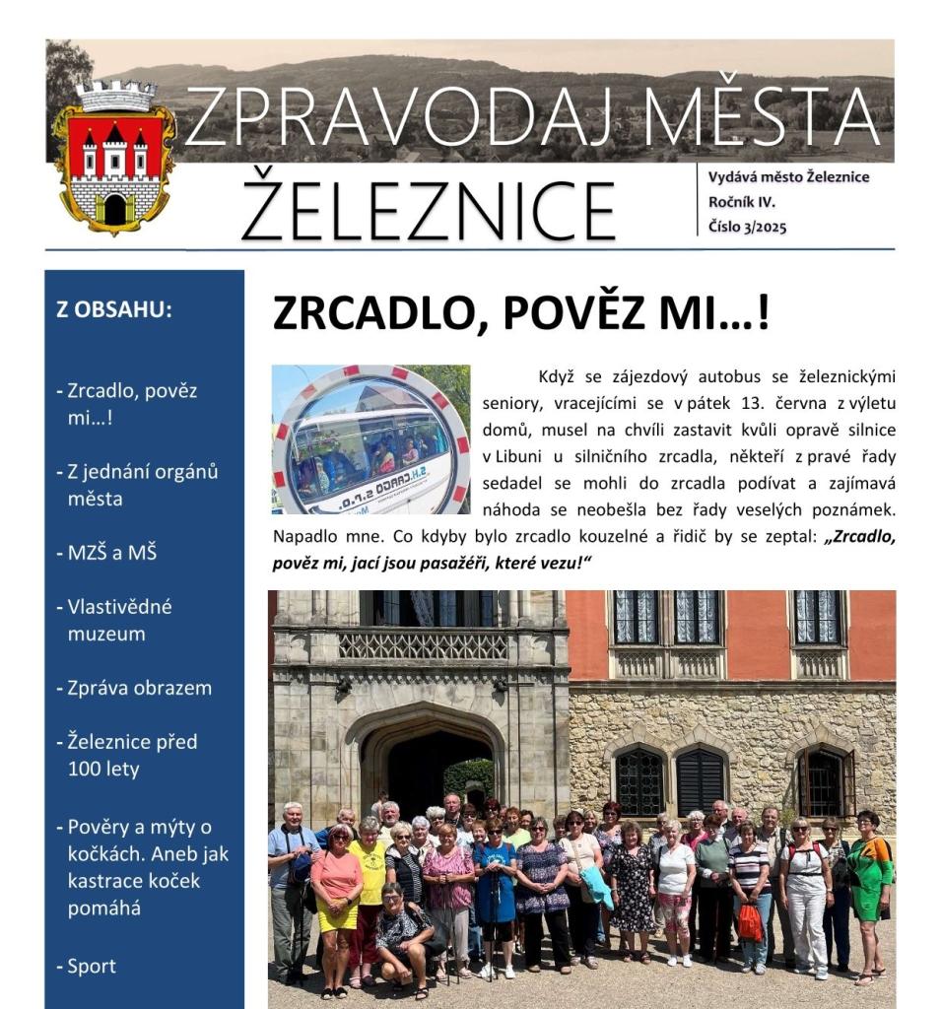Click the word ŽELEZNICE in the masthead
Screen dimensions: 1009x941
coord(429,207)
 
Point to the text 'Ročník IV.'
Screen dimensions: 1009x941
coord(742,202)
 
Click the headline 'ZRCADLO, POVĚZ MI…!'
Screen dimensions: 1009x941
coord(520,313)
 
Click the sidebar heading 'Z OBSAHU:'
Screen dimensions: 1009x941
coord(114,308)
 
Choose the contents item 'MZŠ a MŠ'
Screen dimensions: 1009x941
coord(111,553)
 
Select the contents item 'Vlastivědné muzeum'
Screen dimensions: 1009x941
coord(119,620)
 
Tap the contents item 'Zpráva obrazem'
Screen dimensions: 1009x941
coord(139,688)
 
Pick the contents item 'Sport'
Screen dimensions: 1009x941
coord(91,967)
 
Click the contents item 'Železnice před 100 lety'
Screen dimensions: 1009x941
coord(132,755)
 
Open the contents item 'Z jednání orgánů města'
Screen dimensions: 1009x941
coord(142,485)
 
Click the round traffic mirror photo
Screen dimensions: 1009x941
coord(370,439)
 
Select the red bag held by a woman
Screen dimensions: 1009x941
coord(751,923)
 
